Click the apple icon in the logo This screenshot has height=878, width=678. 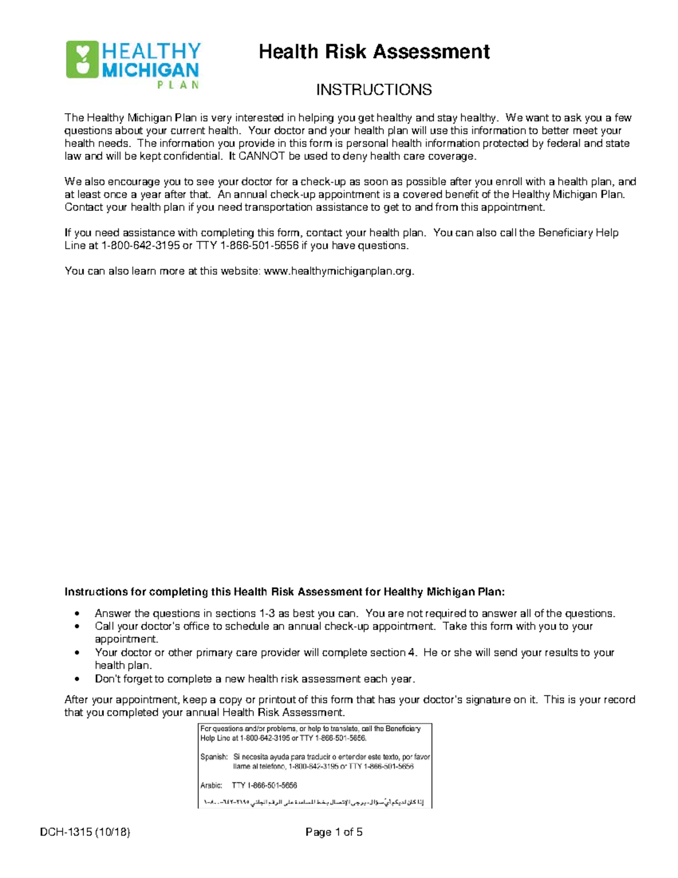82,59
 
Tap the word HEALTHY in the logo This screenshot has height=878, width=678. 151,51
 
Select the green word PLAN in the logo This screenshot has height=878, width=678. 177,85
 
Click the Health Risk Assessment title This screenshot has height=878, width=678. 373,52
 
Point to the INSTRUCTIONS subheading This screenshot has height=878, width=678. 373,90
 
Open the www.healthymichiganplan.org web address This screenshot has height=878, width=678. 338,271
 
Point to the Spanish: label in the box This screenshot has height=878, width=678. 214,756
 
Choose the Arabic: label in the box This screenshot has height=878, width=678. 211,785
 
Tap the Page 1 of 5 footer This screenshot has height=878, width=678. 334,832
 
